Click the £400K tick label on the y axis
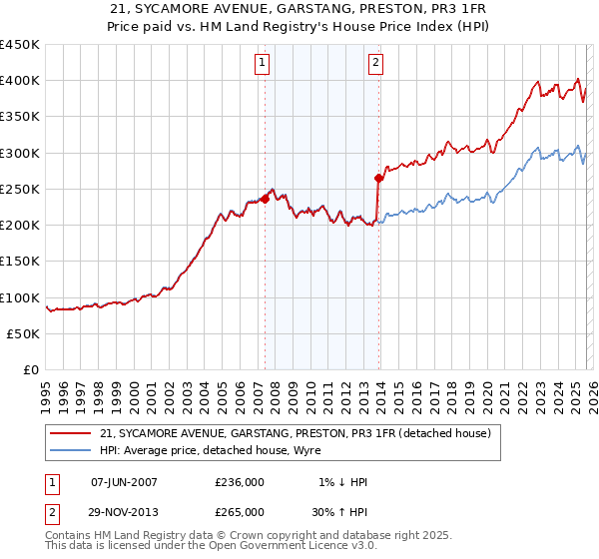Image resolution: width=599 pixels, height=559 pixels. click(20, 81)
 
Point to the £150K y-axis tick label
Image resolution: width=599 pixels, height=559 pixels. click(20, 262)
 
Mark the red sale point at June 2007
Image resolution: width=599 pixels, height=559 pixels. click(265, 200)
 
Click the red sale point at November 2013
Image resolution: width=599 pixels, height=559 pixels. click(378, 179)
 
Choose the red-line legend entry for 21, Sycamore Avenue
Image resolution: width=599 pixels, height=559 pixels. click(296, 434)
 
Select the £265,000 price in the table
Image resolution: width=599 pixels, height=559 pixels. click(240, 511)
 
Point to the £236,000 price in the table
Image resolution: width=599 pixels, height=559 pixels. click(240, 482)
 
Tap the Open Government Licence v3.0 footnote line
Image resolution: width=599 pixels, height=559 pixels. click(212, 547)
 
